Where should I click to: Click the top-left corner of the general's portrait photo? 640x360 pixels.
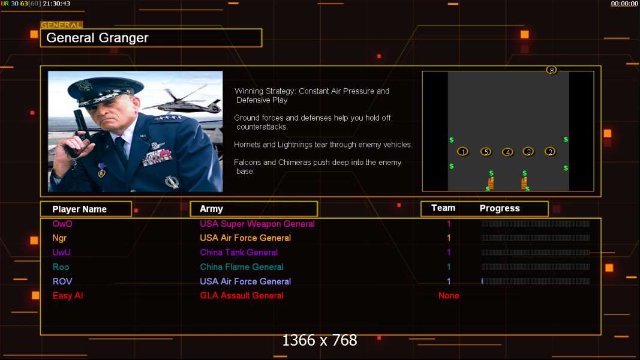(x=48, y=71)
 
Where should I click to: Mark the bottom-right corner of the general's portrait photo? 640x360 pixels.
(x=223, y=192)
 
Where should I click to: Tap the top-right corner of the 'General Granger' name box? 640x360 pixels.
(x=262, y=29)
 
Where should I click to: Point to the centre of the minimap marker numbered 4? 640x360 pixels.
(x=507, y=152)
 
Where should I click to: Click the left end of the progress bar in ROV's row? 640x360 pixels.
(x=482, y=281)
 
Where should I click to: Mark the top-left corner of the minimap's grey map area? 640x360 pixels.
(x=448, y=72)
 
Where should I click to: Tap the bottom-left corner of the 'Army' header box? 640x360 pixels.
(x=191, y=217)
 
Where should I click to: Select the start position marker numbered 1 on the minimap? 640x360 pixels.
(x=462, y=151)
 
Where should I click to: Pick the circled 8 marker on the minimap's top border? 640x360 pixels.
(x=551, y=70)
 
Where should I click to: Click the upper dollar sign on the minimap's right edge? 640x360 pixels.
(x=566, y=140)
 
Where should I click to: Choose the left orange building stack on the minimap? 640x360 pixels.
(x=491, y=183)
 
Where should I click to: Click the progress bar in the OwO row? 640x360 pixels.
(x=536, y=224)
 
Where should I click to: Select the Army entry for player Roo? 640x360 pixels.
(x=242, y=267)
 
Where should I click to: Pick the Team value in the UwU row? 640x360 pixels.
(x=449, y=252)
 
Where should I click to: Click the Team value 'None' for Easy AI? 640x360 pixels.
(x=449, y=296)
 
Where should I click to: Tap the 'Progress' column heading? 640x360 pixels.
(x=500, y=209)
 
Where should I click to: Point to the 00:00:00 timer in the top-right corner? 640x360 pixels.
(x=624, y=4)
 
